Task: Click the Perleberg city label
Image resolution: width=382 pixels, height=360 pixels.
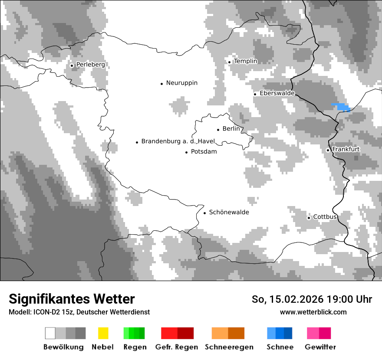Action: [90, 65]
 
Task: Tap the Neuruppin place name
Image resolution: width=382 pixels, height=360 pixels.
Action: [181, 83]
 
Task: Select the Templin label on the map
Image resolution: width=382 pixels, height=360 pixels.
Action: [245, 61]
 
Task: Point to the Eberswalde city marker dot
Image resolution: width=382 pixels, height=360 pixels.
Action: [255, 94]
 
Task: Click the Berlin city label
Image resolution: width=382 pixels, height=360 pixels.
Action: [231, 129]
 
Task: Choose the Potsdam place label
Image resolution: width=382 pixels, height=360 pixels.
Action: [204, 152]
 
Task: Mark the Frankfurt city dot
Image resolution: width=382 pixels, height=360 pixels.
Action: [328, 150]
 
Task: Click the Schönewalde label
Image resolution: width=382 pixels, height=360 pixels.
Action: [229, 212]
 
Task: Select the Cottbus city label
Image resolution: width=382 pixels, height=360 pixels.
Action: [325, 217]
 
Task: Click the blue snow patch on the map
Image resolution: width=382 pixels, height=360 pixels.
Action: [341, 107]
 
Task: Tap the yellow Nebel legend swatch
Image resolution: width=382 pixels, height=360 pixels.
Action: [103, 333]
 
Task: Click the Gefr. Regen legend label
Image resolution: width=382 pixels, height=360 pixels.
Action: [177, 347]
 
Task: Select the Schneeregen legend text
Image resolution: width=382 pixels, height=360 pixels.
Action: [229, 347]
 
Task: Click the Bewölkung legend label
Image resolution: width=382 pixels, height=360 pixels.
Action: [63, 347]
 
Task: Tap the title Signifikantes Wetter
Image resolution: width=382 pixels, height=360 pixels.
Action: [72, 299]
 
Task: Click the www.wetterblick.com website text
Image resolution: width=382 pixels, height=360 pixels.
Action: [313, 312]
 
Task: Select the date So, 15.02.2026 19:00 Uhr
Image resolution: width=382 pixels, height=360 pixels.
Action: [312, 299]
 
